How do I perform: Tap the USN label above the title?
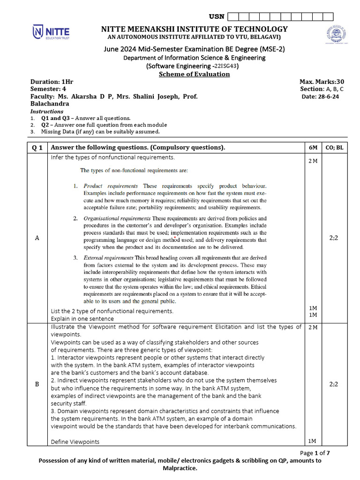coord(217,17)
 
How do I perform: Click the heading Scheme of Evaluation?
coord(194,74)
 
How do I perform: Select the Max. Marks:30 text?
coord(322,82)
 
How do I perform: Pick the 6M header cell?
coord(313,148)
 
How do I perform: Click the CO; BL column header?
coord(334,148)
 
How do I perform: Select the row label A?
coord(37,238)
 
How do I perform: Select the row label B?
coord(37,384)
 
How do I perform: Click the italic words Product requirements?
coord(111,186)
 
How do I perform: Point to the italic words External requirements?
coord(108,258)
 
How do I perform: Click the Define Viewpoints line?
coord(75,442)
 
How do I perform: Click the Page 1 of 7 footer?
coord(315,453)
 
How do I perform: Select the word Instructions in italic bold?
coord(47,112)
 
